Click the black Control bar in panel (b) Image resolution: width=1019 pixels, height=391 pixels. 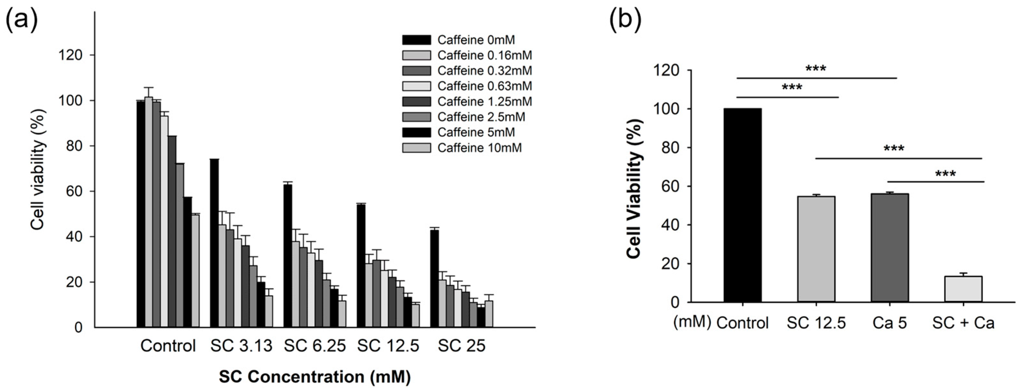click(742, 205)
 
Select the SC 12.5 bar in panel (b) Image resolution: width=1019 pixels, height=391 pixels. click(816, 249)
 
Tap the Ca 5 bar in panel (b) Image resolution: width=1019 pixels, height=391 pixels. click(890, 248)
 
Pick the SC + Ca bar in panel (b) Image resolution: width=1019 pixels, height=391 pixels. click(963, 289)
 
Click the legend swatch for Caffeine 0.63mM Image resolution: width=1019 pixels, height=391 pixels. click(417, 86)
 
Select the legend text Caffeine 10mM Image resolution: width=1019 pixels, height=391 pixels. click(480, 148)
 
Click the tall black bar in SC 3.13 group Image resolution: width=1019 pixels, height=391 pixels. click(214, 243)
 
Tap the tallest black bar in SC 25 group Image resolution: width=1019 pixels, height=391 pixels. click(434, 279)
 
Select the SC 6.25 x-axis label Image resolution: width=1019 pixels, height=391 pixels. click(315, 346)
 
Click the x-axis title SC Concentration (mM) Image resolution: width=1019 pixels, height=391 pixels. click(315, 377)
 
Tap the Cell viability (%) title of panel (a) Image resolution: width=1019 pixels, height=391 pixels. click(38, 169)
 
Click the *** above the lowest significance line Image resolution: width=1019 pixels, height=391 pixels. click(945, 174)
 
